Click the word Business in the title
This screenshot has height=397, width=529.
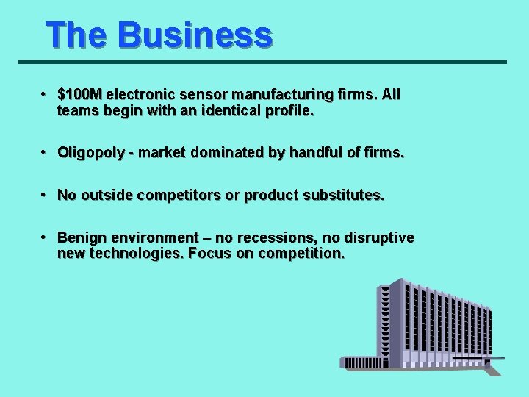[x=194, y=35]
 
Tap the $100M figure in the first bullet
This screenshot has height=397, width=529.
[x=80, y=95]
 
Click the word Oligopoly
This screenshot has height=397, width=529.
[x=87, y=153]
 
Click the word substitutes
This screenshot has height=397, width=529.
[x=339, y=196]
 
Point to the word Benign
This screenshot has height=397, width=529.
[x=79, y=238]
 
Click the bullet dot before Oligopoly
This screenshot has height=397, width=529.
[x=45, y=153]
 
